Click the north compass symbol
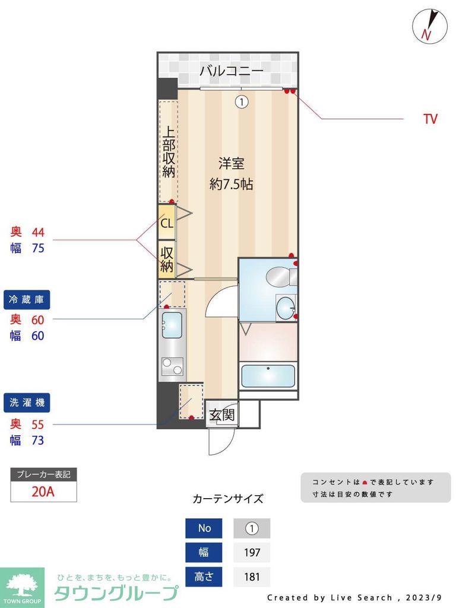pos(429,27)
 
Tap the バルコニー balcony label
pos(231,71)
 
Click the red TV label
pos(430,119)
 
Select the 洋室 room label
pos(231,163)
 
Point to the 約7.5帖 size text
pos(231,184)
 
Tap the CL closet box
pos(166,223)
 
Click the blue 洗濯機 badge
pos(26,403)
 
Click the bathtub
pos(268,376)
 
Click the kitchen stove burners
pos(172,366)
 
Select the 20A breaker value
pos(43,491)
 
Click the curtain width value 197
pos(252,552)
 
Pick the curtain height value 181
pos(252,577)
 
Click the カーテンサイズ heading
pos(228,499)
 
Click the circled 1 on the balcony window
pos(241,102)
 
